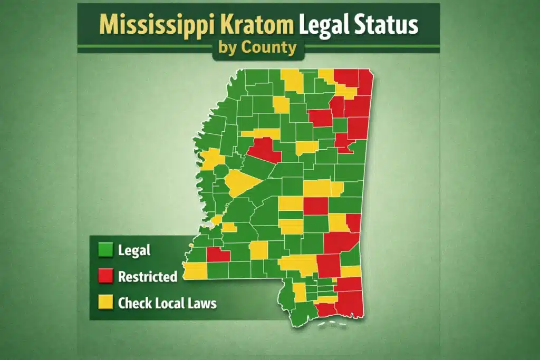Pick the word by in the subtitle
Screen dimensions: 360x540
click(x=227, y=48)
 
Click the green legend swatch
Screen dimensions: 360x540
click(x=106, y=250)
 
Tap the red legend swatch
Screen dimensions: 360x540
click(x=106, y=276)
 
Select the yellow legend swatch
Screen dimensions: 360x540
click(x=106, y=303)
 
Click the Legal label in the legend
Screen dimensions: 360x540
click(x=134, y=250)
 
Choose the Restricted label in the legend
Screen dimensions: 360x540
click(x=148, y=276)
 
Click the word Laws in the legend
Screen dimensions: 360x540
click(x=202, y=303)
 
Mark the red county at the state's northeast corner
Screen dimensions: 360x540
click(x=365, y=79)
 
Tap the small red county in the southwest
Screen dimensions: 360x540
click(x=218, y=255)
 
